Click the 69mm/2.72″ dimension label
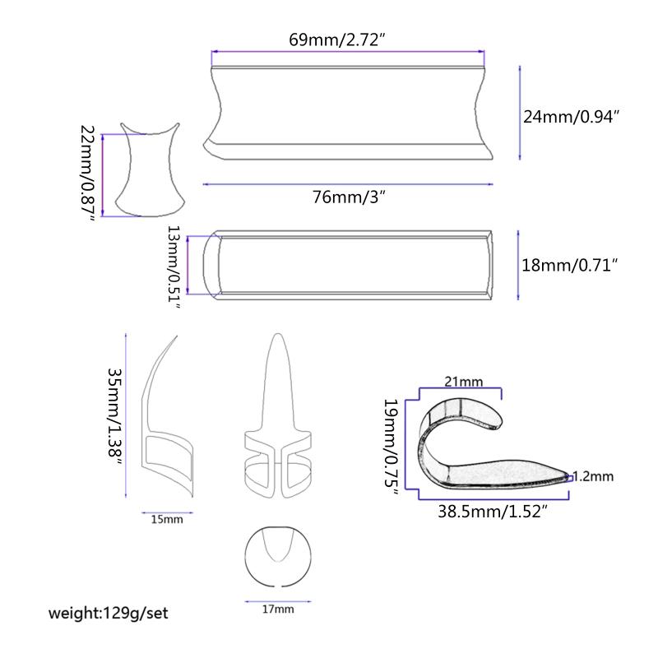(x=337, y=39)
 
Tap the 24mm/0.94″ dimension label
(x=571, y=116)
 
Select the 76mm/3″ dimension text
(x=349, y=197)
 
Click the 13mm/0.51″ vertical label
(x=174, y=266)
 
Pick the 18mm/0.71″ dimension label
(x=569, y=265)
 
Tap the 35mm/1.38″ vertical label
(x=114, y=417)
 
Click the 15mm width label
(x=167, y=519)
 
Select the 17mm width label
(x=278, y=609)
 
